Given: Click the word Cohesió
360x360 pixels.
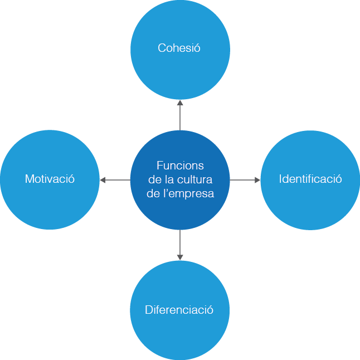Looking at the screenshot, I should pyautogui.click(x=179, y=48).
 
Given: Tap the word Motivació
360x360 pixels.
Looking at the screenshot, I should pyautogui.click(x=50, y=179).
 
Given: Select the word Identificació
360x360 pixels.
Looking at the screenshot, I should pyautogui.click(x=310, y=179).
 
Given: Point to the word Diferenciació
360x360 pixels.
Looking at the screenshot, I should pyautogui.click(x=179, y=310).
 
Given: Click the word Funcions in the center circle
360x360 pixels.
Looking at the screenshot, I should pyautogui.click(x=180, y=166).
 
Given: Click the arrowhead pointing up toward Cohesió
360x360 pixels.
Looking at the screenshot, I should pyautogui.click(x=180, y=103).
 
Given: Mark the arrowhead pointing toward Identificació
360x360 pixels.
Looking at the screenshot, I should pyautogui.click(x=257, y=180).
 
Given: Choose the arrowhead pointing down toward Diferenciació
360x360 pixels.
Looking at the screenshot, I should pyautogui.click(x=180, y=256).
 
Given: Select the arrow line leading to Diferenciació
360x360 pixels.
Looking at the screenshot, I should pyautogui.click(x=180, y=242).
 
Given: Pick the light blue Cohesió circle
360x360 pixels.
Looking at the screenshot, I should pyautogui.click(x=180, y=72).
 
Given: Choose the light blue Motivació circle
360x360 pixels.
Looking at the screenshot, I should pyautogui.click(x=50, y=206).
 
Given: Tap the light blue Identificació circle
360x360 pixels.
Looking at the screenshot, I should pyautogui.click(x=310, y=206).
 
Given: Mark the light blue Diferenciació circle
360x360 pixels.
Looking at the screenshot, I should pyautogui.click(x=179, y=334).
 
